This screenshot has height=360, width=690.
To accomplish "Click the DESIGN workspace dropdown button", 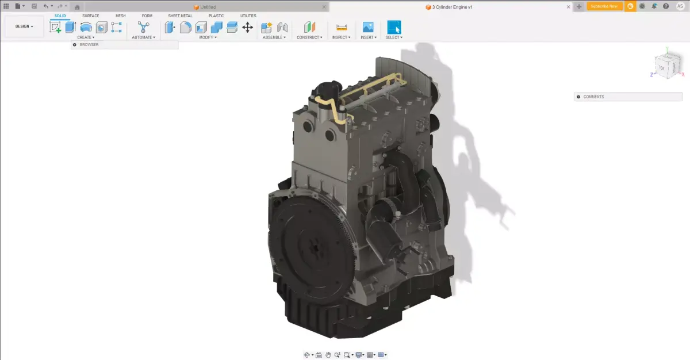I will pyautogui.click(x=24, y=26).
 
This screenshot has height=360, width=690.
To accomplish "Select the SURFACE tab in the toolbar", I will pyautogui.click(x=90, y=16).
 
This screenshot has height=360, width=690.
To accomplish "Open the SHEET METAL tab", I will pyautogui.click(x=180, y=16).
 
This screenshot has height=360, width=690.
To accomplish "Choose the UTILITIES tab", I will pyautogui.click(x=248, y=16).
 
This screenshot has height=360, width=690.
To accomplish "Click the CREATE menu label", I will pyautogui.click(x=85, y=37).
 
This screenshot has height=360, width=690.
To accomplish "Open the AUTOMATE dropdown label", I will pyautogui.click(x=143, y=37).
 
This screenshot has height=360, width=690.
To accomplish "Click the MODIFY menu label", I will pyautogui.click(x=208, y=37).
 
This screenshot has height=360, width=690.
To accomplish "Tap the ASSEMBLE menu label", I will pyautogui.click(x=274, y=37).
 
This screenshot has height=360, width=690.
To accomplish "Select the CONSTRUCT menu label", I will pyautogui.click(x=309, y=37).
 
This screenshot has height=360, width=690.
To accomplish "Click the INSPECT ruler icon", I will pyautogui.click(x=342, y=27).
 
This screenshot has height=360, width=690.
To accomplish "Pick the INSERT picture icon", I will pyautogui.click(x=368, y=27).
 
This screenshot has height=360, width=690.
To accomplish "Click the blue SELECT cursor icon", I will pyautogui.click(x=394, y=27).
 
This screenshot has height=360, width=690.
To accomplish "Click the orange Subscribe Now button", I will pyautogui.click(x=604, y=6).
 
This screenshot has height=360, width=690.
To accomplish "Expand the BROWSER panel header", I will pyautogui.click(x=89, y=45).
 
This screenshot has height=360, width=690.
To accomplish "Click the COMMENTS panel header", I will pyautogui.click(x=593, y=97).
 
